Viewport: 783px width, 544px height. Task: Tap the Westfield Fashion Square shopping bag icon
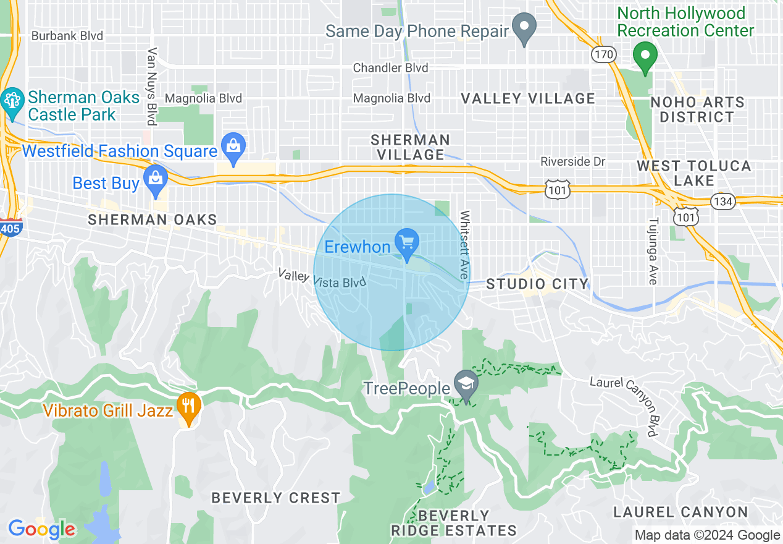tap(233, 147)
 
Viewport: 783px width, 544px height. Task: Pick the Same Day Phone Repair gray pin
tap(524, 27)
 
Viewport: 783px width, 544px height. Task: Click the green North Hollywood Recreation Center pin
tap(645, 57)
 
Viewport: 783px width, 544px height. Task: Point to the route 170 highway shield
tap(603, 54)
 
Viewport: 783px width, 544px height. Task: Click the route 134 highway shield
tap(722, 201)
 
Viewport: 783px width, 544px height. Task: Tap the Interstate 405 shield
tap(11, 227)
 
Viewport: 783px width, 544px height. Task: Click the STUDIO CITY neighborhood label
tap(537, 284)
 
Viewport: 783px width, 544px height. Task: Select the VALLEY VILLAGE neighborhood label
tap(529, 99)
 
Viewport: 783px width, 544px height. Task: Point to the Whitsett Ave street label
tap(464, 245)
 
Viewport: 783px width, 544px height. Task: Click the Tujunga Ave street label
tap(653, 250)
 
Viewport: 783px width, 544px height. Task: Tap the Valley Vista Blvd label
tap(322, 278)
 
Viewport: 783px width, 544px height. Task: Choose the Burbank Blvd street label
tap(67, 36)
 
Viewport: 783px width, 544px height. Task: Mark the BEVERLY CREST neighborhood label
tap(275, 498)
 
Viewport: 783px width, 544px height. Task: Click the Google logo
tap(41, 529)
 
